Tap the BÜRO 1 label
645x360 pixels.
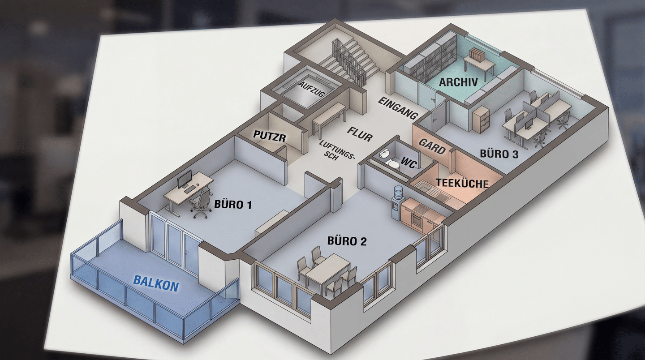click(233, 205)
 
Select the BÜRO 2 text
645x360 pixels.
click(347, 241)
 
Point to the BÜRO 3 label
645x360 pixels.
click(499, 154)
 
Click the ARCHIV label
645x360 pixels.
click(458, 82)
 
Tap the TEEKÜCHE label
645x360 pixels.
click(462, 183)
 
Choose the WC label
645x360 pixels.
click(409, 163)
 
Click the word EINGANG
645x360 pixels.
click(398, 108)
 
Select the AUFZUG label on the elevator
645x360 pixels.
click(312, 89)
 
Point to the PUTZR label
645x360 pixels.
click(270, 137)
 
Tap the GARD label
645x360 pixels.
click(432, 146)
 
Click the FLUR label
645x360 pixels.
click(360, 134)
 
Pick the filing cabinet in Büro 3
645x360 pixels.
click(481, 119)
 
